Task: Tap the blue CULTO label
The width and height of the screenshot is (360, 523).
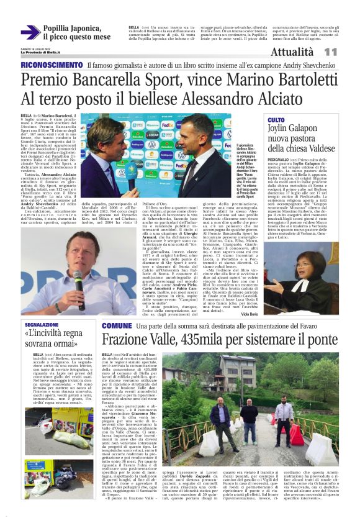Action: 276,119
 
